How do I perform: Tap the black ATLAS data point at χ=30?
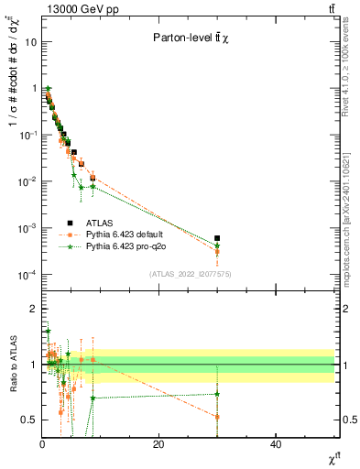[x=217, y=238]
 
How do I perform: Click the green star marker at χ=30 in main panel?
[x=217, y=245]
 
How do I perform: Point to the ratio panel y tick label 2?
[x=33, y=309]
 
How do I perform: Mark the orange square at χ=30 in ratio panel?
[x=217, y=417]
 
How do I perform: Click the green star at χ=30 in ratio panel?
[x=217, y=394]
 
